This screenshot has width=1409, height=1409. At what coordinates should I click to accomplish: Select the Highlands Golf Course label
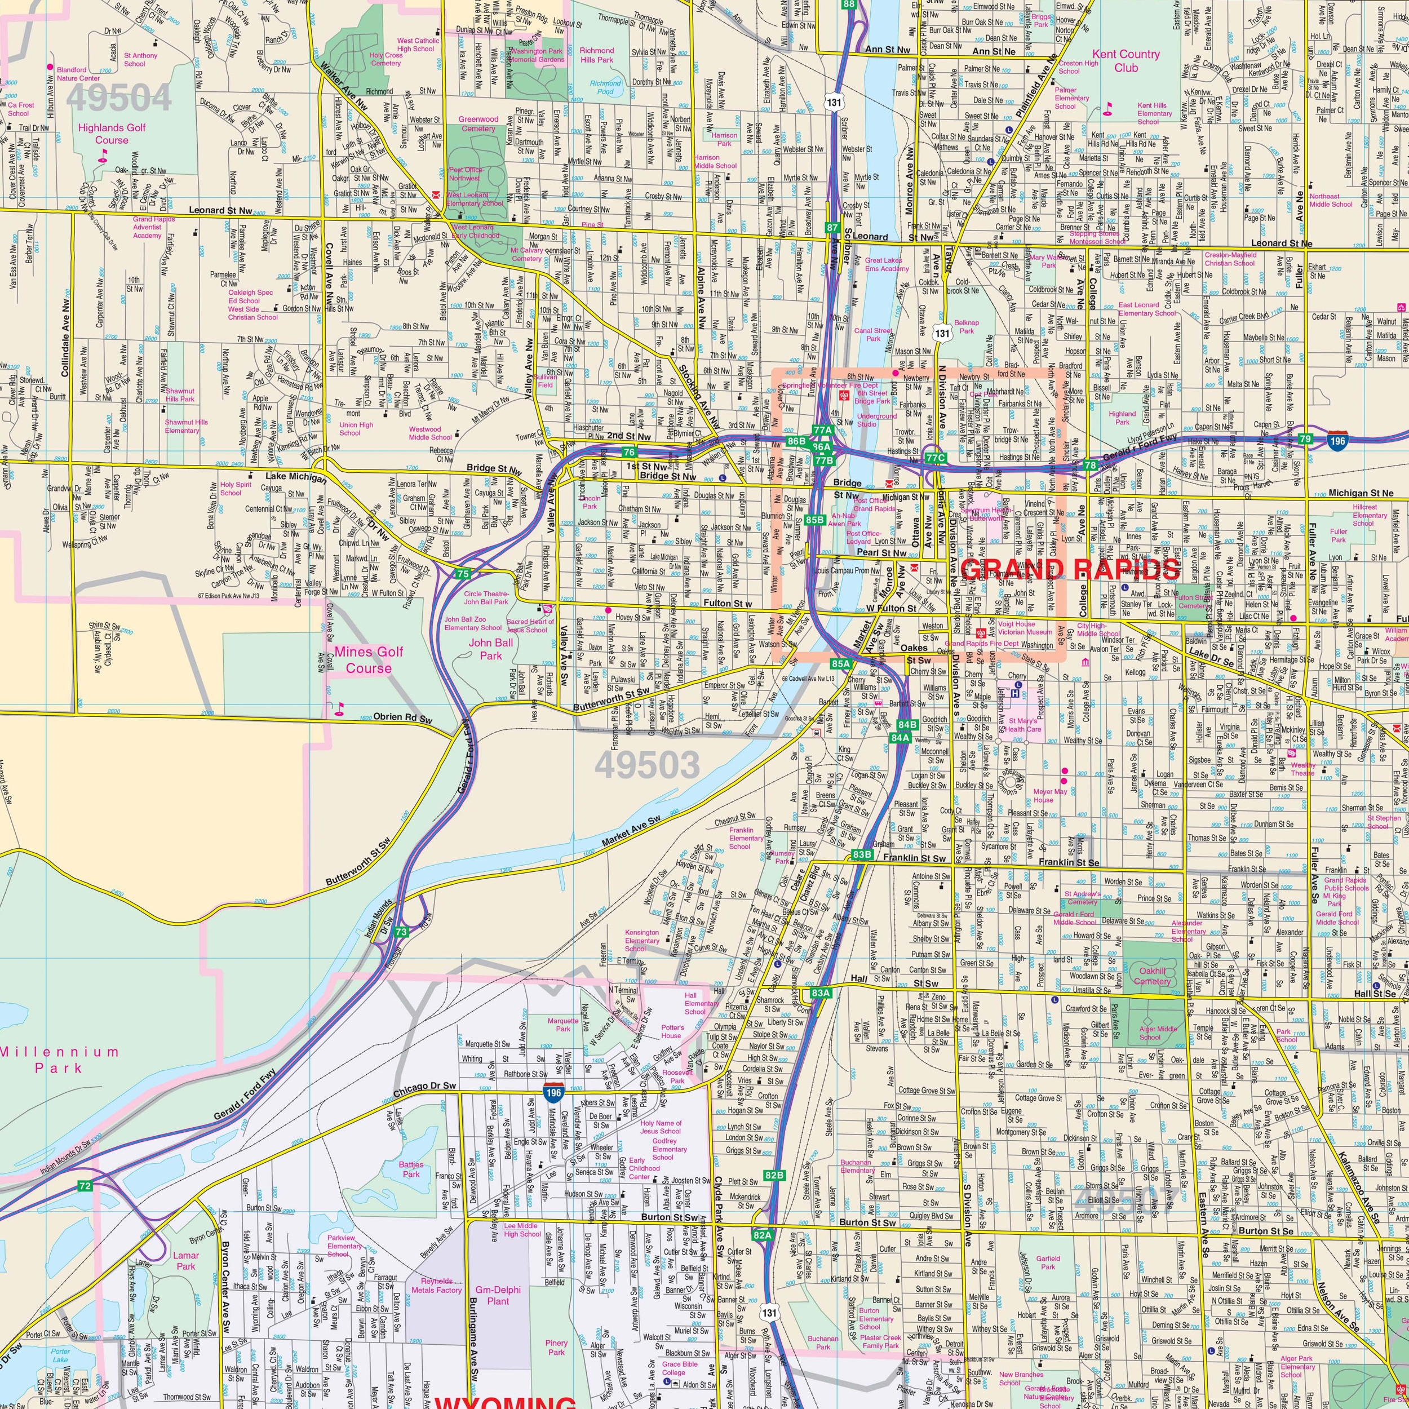[x=112, y=134]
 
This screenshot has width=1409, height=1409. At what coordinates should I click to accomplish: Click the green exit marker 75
[x=462, y=574]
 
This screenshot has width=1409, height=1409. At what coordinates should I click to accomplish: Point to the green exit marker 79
[x=1305, y=438]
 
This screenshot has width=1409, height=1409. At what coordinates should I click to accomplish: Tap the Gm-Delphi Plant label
[x=498, y=1295]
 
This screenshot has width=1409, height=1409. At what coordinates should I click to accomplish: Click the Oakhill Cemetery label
[x=1153, y=976]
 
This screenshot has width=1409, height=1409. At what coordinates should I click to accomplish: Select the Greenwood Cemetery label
[x=478, y=123]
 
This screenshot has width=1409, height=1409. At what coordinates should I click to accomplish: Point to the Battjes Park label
[x=411, y=1170]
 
